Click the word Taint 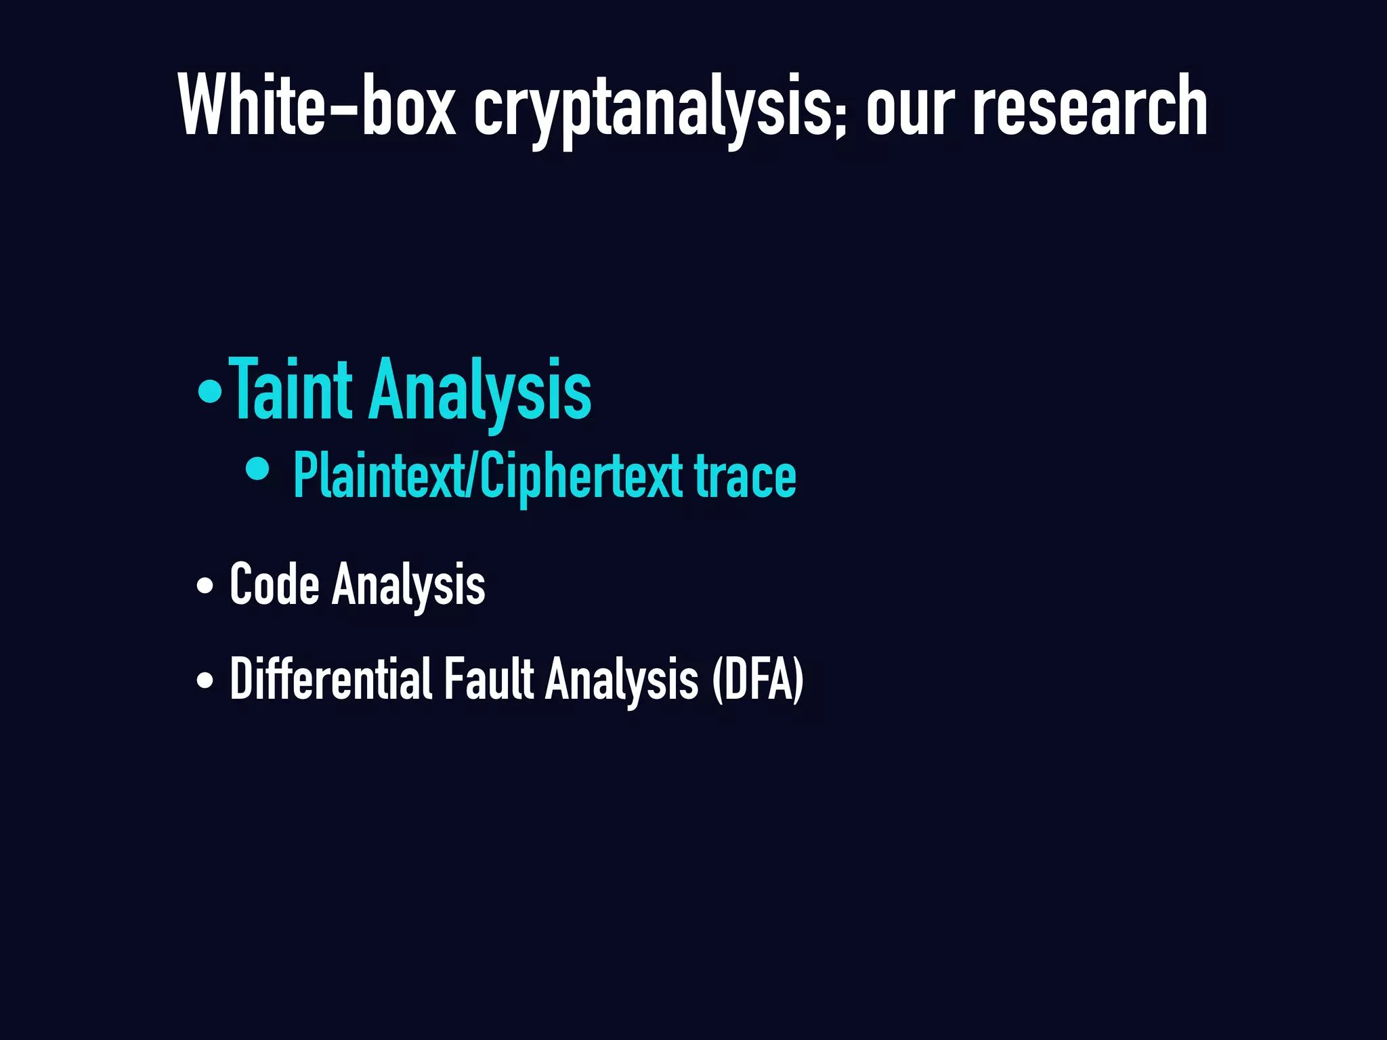click(291, 390)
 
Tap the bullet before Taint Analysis click(210, 391)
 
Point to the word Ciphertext click(582, 477)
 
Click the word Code click(274, 584)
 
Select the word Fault click(489, 678)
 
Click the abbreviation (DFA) click(758, 680)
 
